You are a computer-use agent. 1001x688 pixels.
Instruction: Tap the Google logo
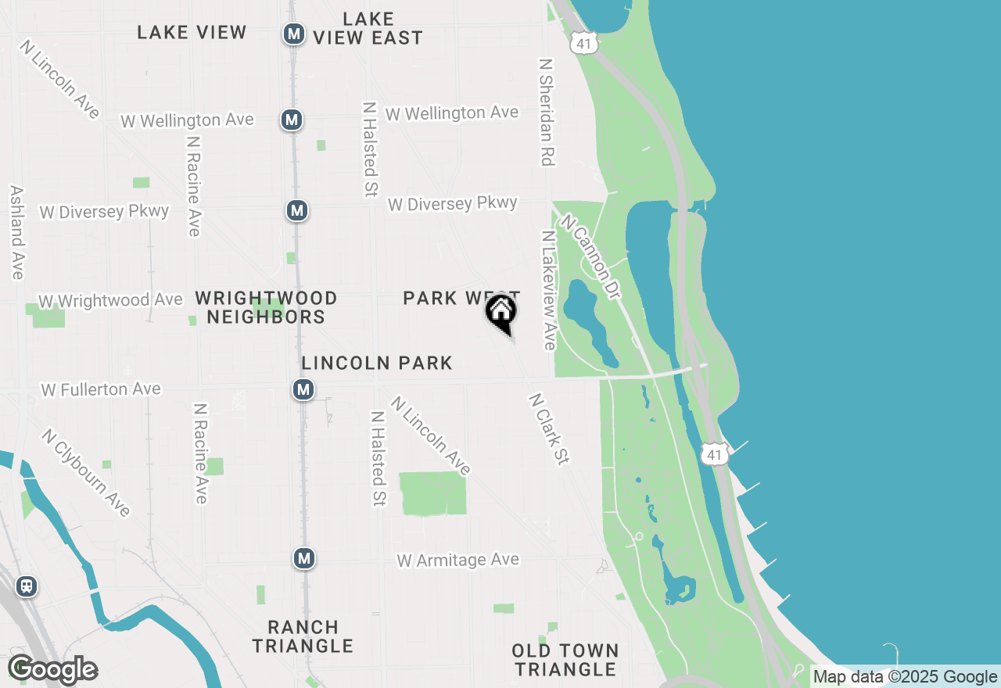coord(53,669)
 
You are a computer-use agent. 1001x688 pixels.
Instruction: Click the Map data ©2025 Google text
coord(905,677)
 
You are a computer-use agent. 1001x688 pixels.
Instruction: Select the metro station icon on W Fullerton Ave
coord(303,389)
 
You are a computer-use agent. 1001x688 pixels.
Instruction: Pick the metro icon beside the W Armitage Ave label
coord(304,558)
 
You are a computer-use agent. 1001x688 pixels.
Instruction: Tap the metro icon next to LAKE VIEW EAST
coord(294,34)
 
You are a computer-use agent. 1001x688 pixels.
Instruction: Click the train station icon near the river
coord(27,586)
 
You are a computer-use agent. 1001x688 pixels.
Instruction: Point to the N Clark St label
coord(547,429)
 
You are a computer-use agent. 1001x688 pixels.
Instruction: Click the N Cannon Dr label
coord(590,259)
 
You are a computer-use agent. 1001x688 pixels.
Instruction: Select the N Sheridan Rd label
coord(546,111)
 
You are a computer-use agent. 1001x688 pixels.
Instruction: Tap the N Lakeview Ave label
coord(548,290)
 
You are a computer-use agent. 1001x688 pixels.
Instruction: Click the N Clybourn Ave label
coord(86,472)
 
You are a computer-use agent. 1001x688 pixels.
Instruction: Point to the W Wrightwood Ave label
coord(110,300)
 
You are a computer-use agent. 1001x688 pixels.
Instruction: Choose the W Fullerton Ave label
coord(101,389)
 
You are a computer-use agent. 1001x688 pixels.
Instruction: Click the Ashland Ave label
coord(16,232)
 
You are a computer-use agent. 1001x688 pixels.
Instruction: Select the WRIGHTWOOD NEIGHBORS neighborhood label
coord(266,307)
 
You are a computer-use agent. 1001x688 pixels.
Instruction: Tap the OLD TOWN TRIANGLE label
coord(565,660)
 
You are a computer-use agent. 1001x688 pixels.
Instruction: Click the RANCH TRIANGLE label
coord(303,636)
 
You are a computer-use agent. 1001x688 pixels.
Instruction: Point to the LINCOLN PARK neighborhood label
coord(377,363)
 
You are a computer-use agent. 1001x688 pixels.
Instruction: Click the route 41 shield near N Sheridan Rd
coord(584,43)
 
